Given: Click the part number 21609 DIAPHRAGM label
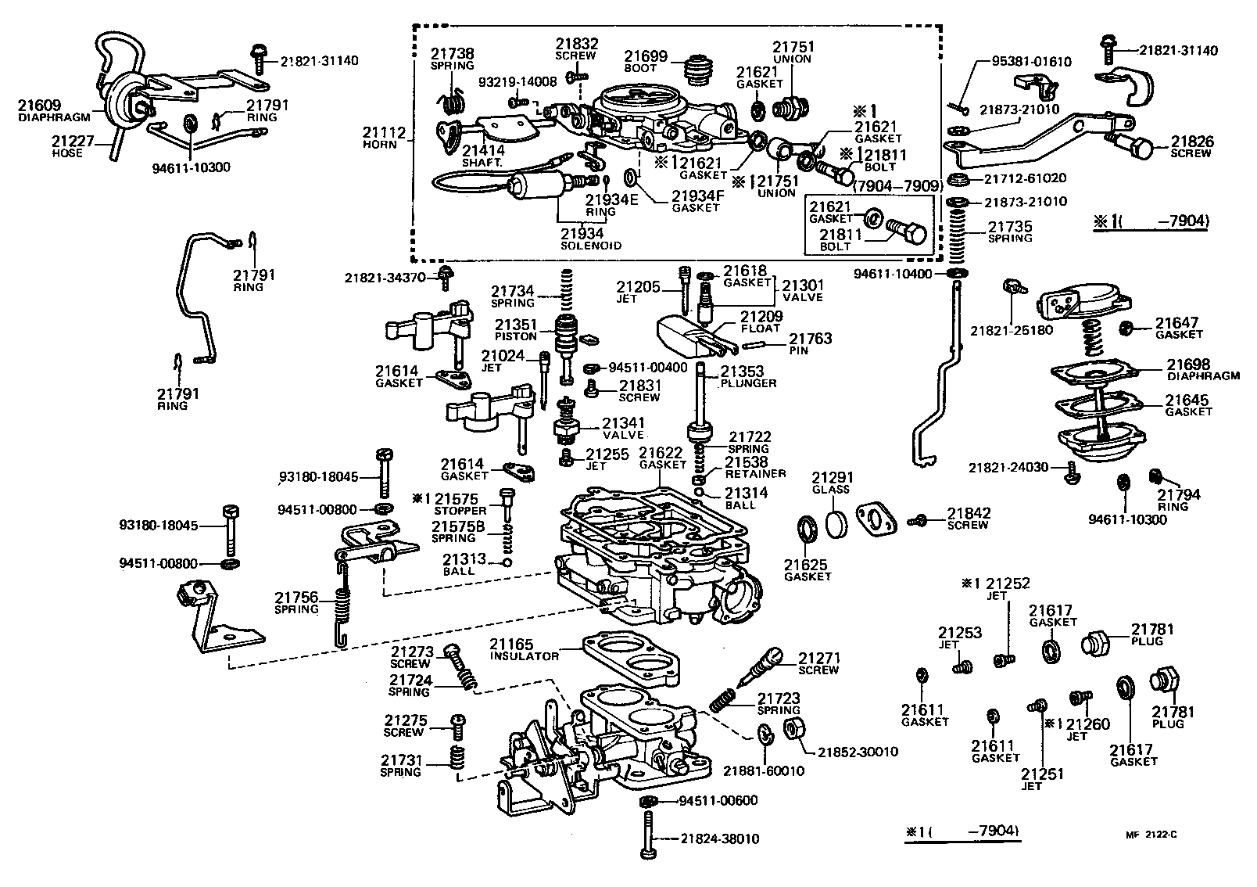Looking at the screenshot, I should tap(54, 110).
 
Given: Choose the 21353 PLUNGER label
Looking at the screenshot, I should tap(748, 377).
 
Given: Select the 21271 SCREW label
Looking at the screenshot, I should tap(818, 663).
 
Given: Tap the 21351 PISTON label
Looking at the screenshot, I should tap(515, 329).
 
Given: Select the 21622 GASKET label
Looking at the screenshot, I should tap(662, 458).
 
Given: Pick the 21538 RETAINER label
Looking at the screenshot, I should tap(754, 467).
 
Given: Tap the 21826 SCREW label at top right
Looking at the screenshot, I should tap(1192, 147).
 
